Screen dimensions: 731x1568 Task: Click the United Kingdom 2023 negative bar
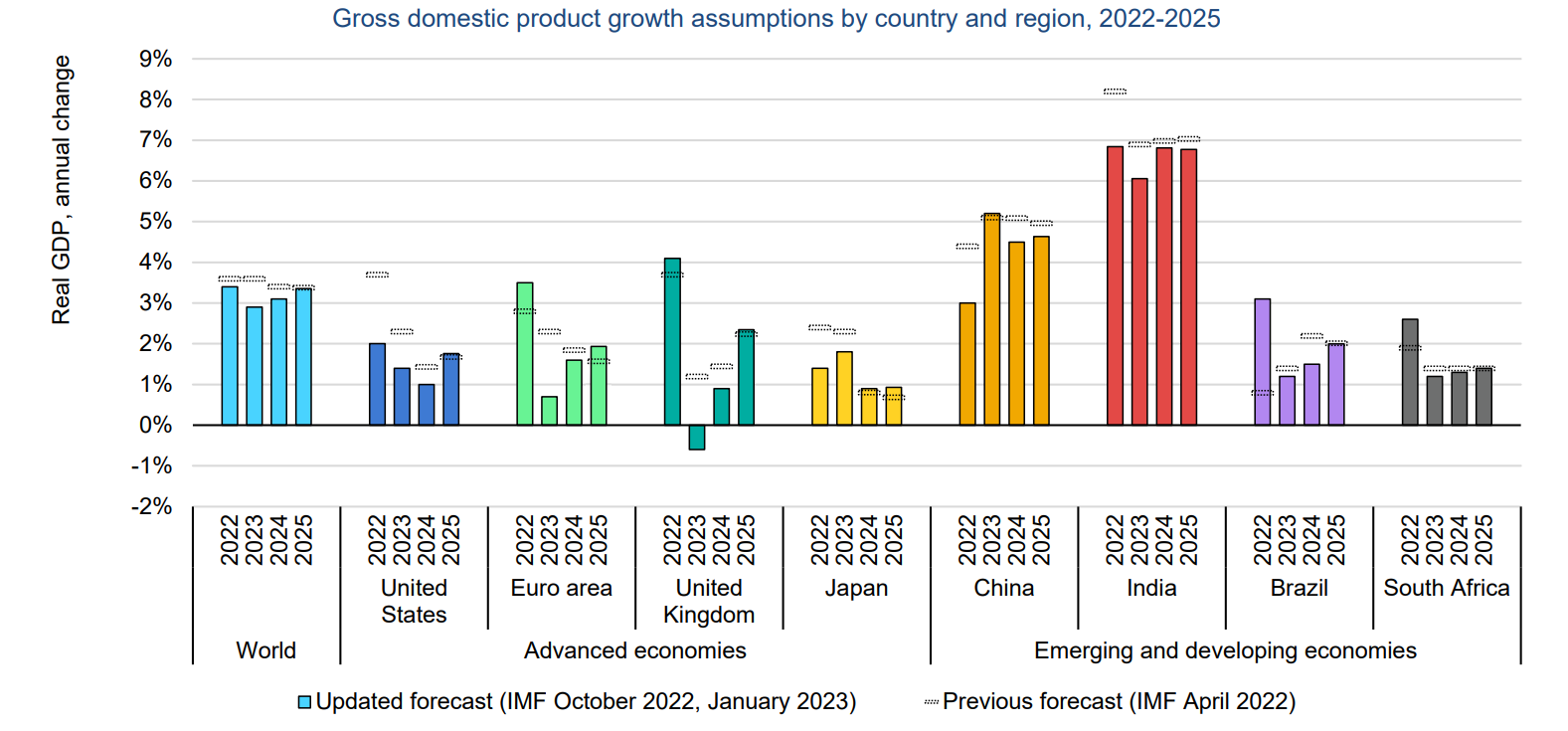coord(697,438)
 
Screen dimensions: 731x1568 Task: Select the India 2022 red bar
coord(1115,286)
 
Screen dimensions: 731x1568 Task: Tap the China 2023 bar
coord(991,319)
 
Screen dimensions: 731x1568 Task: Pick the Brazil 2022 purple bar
coord(1263,362)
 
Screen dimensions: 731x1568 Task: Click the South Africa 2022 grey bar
coord(1410,372)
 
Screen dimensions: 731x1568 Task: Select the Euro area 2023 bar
coord(549,411)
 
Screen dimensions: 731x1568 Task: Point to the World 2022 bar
coord(230,356)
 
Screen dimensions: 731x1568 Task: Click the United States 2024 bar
coord(427,405)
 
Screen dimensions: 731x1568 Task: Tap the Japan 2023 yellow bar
coord(844,389)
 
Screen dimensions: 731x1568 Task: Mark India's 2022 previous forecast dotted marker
coord(1115,91)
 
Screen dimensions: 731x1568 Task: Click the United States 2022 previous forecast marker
coord(377,274)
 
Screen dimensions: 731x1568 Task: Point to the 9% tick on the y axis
coord(156,60)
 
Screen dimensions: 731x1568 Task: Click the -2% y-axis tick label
coord(152,506)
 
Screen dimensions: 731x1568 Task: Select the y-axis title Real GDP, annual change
coord(62,189)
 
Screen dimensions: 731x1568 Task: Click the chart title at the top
coord(776,19)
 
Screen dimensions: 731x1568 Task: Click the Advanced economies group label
coord(634,650)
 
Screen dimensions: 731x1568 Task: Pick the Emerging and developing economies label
coord(1225,650)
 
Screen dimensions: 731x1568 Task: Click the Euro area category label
coord(561,588)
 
